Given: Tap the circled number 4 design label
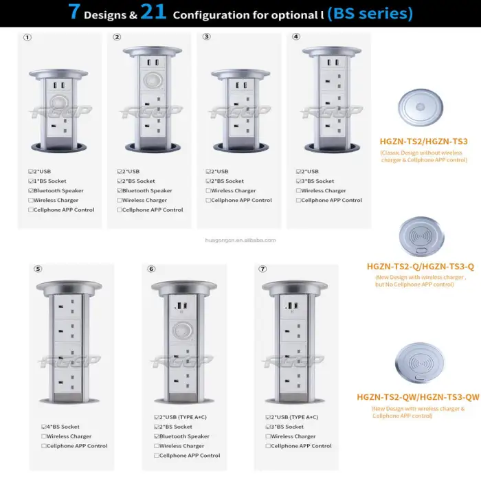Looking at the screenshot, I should coord(296,36).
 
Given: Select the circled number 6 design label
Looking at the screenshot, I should coord(151,269).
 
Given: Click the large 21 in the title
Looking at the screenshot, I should coord(154,13).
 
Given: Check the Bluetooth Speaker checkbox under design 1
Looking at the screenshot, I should coord(31,190).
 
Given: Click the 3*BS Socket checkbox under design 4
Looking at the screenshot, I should coord(299,181).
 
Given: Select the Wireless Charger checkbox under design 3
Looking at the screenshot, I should coord(209,190).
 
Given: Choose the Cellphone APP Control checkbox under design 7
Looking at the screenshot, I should coord(268,446).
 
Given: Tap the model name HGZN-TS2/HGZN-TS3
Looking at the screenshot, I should coord(423,142).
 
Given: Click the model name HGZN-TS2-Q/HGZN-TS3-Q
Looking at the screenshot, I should coord(421,266).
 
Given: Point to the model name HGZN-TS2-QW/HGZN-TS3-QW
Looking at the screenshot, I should coord(418,397).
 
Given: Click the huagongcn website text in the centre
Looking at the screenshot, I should coord(240,240).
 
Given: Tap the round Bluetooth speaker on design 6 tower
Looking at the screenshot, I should coord(181,329).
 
